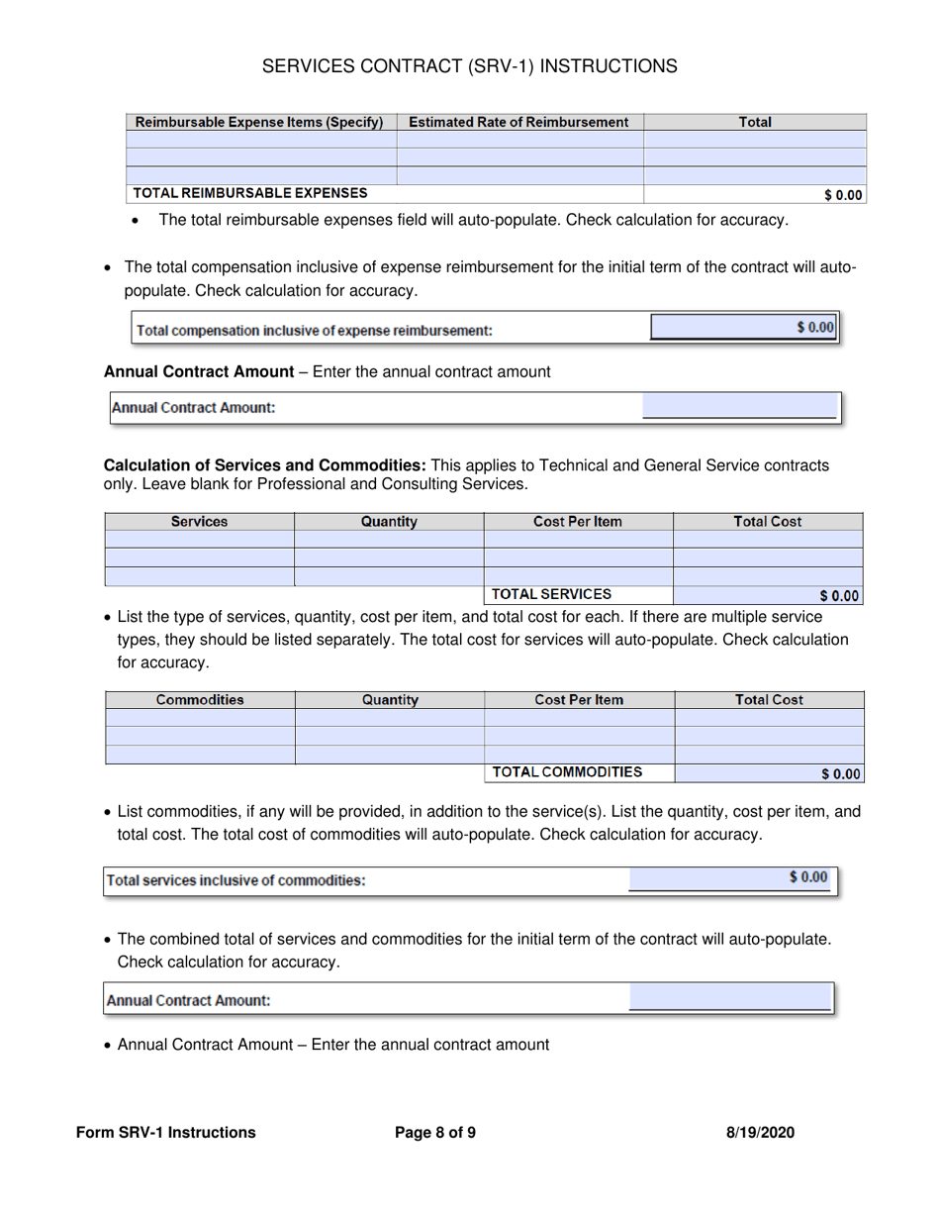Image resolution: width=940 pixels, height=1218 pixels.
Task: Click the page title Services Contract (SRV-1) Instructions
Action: (470, 66)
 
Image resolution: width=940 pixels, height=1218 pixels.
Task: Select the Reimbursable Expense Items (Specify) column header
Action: (259, 123)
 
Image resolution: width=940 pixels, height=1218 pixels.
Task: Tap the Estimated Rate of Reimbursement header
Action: (518, 123)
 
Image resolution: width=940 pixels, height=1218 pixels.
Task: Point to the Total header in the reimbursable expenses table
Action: (755, 123)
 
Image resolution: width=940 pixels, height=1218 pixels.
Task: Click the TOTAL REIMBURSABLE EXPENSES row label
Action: (250, 193)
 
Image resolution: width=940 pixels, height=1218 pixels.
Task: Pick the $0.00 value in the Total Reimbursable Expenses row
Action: (842, 195)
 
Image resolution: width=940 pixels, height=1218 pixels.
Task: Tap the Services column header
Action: (199, 522)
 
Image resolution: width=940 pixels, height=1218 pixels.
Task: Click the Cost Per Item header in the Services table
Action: (578, 522)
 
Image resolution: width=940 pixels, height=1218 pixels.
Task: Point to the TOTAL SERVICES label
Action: (551, 594)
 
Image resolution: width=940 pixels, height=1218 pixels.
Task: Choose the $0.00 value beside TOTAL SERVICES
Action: (840, 596)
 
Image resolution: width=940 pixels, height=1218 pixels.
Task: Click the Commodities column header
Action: (200, 700)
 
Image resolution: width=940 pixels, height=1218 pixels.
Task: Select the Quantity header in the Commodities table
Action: (390, 700)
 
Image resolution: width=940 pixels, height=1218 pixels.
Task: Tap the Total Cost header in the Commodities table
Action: (769, 700)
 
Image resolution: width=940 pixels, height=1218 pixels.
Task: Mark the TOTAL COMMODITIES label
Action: (567, 772)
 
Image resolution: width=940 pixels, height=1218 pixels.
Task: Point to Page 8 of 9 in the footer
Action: (435, 1133)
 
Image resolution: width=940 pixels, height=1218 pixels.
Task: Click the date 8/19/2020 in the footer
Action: (760, 1133)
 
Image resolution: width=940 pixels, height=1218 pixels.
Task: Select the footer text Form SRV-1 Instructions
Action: (165, 1133)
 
